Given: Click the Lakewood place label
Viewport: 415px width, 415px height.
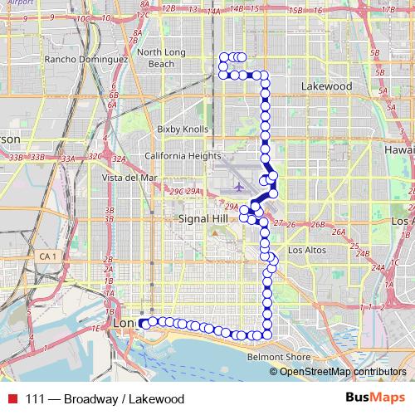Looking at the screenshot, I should pos(326,85).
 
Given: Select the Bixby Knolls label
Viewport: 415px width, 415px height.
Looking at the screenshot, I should pos(179,129).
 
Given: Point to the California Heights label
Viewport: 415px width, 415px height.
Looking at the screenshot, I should pos(183,156).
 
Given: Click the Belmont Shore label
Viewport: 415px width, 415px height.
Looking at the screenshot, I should pos(279,358).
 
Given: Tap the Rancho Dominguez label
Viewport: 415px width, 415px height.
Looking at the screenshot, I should pos(86,60).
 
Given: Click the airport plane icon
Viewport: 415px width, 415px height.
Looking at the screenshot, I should pos(238,185).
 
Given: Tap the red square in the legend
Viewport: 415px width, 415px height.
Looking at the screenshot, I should pos(12,398).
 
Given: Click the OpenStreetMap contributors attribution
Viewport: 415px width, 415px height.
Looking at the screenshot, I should pos(343,371).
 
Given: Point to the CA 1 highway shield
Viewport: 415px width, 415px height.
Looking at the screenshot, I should pos(48,257).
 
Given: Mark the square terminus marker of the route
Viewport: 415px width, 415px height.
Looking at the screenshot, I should pos(144,323).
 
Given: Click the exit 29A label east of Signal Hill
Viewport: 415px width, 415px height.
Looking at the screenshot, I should pos(232,207).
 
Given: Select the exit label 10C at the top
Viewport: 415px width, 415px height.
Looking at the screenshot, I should pos(82,18).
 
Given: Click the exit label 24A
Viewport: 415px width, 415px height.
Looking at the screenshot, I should pos(378,267).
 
